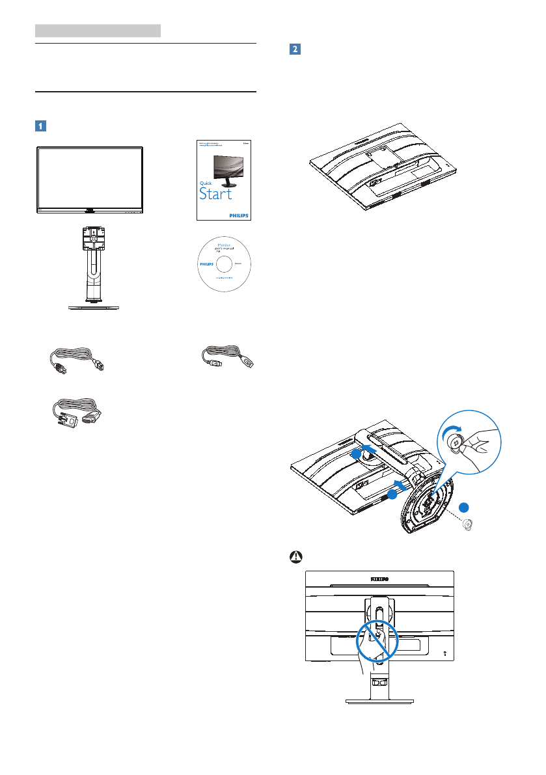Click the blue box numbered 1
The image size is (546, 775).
tap(41, 126)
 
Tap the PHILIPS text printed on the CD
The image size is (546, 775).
tap(206, 265)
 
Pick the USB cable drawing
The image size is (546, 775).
tap(226, 357)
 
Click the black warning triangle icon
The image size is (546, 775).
tap(296, 558)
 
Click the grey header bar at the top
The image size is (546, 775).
tap(98, 30)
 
